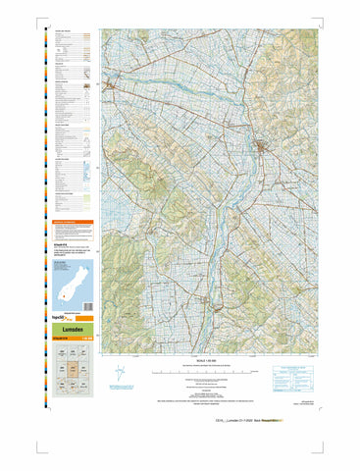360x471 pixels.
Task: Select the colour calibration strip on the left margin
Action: pos(44,196)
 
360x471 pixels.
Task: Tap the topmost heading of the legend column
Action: pos(65,32)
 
